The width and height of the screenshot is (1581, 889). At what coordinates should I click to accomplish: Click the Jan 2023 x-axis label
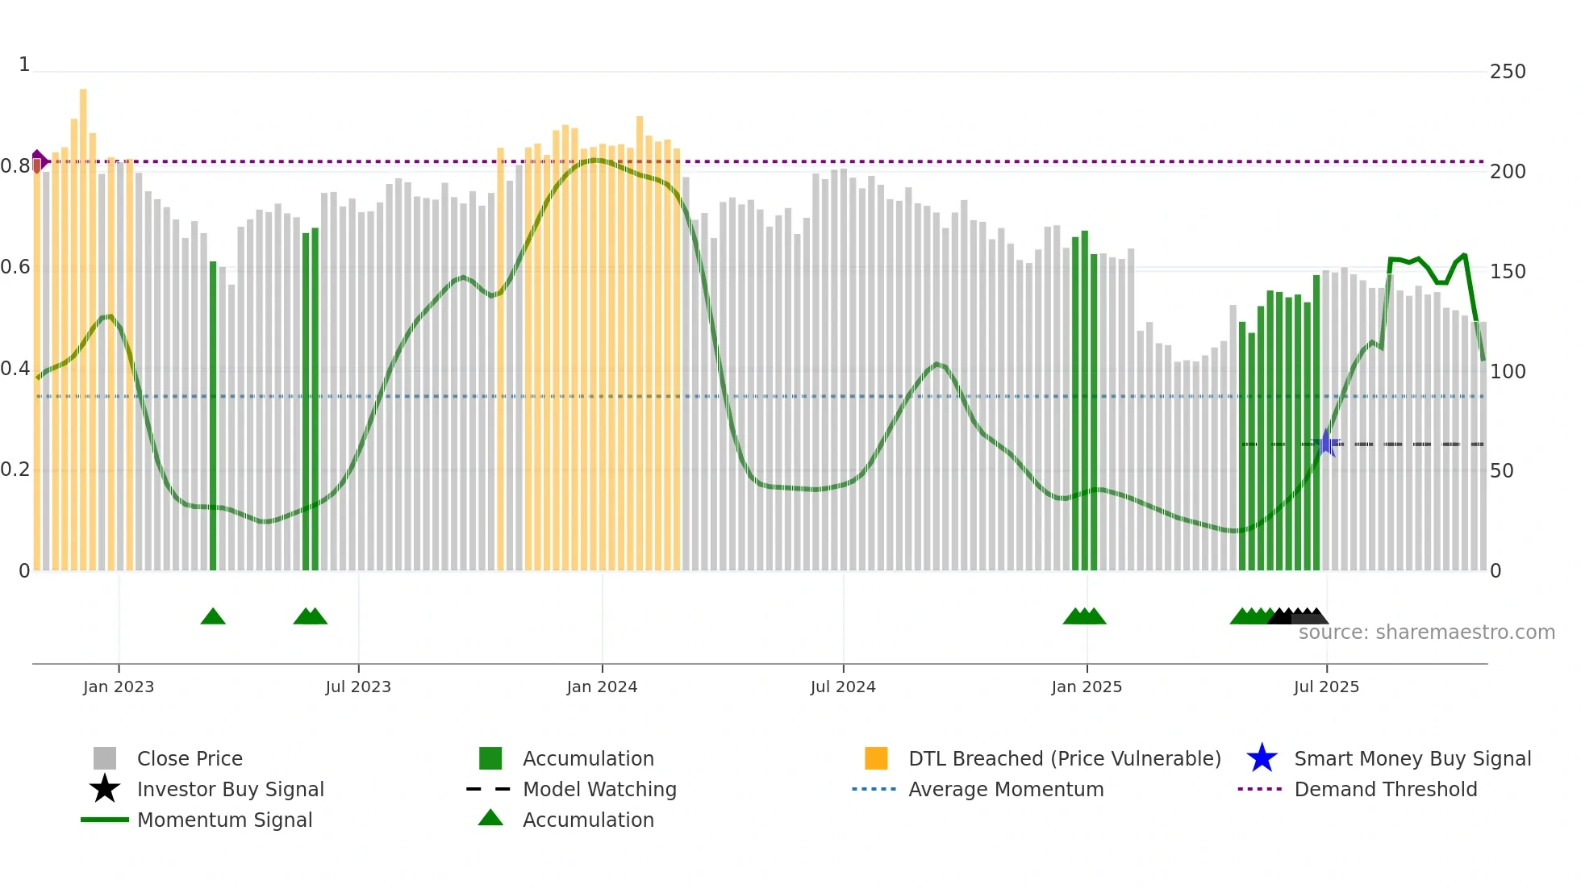pos(119,687)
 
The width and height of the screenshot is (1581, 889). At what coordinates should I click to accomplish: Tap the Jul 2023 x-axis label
pos(358,687)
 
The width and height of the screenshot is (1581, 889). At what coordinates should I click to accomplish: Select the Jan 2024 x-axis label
pos(602,687)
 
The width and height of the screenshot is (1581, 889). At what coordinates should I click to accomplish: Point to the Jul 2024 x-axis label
pos(843,687)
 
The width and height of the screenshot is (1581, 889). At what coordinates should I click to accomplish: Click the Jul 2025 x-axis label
pos(1326,687)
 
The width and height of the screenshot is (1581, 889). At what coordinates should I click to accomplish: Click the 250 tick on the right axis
pos(1508,72)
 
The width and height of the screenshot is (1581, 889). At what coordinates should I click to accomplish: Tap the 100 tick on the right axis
pos(1508,372)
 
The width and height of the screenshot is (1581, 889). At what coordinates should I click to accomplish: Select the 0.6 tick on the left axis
pos(15,267)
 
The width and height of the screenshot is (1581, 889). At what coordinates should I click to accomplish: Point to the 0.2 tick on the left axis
pos(15,470)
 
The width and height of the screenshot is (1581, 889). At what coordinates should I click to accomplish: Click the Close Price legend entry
pos(190,758)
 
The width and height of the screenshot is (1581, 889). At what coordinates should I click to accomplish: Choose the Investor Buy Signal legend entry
pos(230,789)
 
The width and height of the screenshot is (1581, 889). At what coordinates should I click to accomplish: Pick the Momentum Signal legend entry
pos(224,820)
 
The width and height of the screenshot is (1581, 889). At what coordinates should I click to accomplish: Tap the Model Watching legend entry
pos(599,789)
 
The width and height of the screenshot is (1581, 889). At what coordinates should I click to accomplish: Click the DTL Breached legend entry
pos(1064,758)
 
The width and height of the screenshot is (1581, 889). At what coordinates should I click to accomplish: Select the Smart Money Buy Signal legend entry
pos(1412,758)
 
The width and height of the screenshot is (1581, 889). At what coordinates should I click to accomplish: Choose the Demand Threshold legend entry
pos(1385,789)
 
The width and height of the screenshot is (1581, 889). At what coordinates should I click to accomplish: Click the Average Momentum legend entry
pos(1006,789)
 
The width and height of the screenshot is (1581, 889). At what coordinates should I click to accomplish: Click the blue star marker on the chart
pos(1326,443)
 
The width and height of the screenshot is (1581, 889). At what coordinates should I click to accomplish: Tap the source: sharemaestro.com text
pos(1426,632)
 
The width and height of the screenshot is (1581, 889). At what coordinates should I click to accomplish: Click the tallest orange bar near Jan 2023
pos(83,323)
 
